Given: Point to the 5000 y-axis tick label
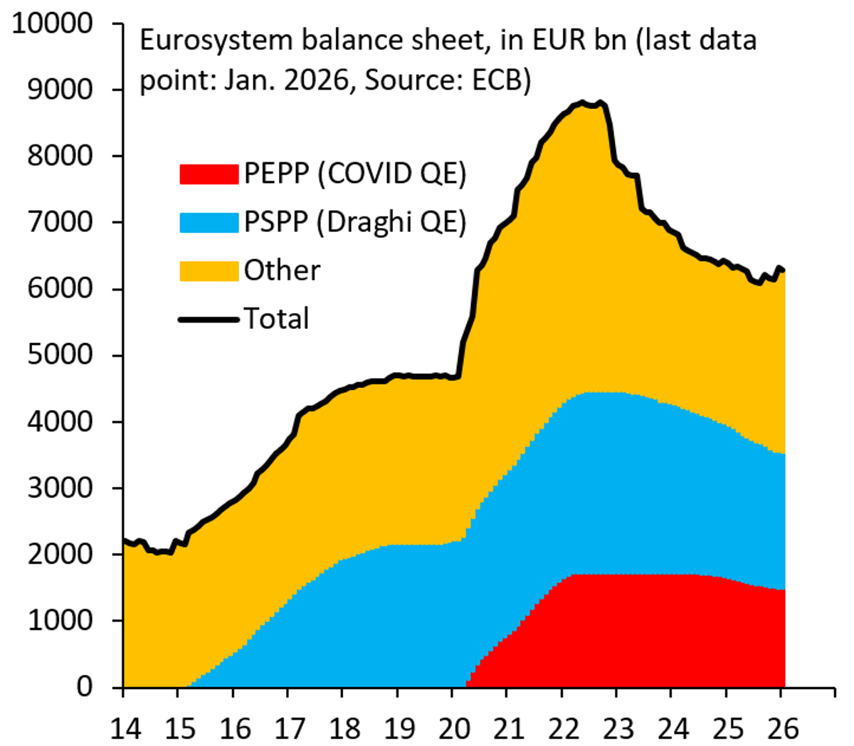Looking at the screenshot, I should pos(60,354).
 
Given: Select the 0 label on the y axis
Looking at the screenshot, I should pos(85,686).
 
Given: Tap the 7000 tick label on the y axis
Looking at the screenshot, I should pos(60,222).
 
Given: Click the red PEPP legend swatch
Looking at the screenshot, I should pos(209,174).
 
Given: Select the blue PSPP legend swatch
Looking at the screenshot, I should pos(209,222).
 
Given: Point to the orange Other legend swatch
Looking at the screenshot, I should pos(209,270).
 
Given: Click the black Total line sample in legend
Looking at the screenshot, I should pos(209,319).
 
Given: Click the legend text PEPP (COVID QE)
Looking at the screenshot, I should pos(354,174).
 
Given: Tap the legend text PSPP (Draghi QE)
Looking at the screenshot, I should pos(354,222).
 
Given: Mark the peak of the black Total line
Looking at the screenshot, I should pos(582,103).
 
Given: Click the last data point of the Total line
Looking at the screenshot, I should pos(783,270).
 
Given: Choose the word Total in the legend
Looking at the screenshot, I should pos(276,319).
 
